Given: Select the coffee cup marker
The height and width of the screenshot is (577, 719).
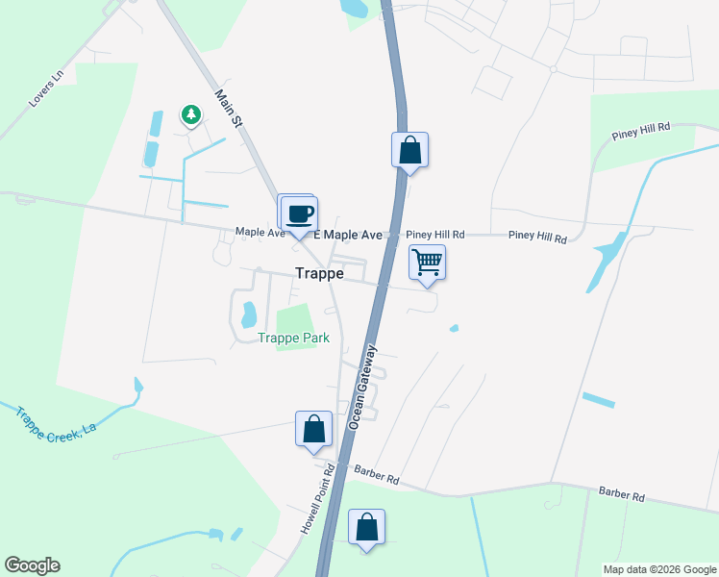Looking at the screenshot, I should pyautogui.click(x=300, y=213).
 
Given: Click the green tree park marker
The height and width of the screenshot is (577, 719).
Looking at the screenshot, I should pyautogui.click(x=191, y=116).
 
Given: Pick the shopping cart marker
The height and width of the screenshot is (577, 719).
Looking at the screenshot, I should pyautogui.click(x=427, y=262).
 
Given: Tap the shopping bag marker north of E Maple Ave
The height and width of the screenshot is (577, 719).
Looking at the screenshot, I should pyautogui.click(x=409, y=150).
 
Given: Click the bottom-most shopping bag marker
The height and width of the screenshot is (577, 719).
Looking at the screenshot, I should pyautogui.click(x=366, y=527).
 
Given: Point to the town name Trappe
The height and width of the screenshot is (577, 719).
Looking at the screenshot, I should pyautogui.click(x=320, y=273).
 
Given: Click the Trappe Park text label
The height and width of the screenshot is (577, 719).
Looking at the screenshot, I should pyautogui.click(x=294, y=338).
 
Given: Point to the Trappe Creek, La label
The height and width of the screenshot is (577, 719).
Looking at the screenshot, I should pyautogui.click(x=57, y=421).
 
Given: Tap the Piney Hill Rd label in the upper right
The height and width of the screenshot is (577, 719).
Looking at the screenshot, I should pyautogui.click(x=638, y=137).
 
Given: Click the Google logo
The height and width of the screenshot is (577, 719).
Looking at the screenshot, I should pyautogui.click(x=32, y=565).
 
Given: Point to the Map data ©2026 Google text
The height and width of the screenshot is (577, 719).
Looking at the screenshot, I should pyautogui.click(x=658, y=569).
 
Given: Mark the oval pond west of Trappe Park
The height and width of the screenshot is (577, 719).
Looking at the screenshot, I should pyautogui.click(x=248, y=314).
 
